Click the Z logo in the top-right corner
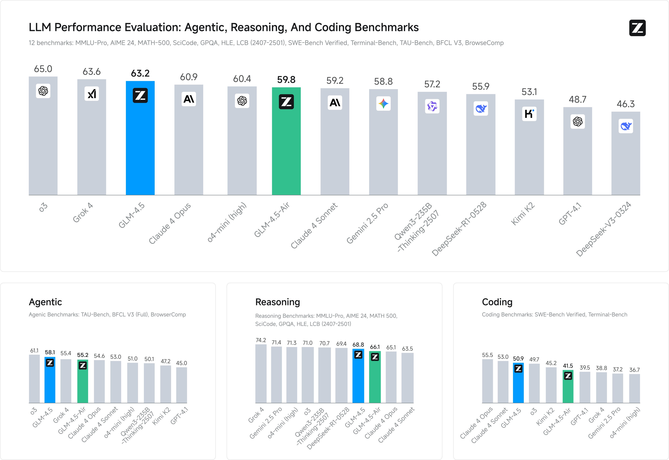637,28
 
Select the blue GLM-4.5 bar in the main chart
140,144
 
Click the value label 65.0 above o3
43,69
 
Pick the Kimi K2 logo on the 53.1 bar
529,114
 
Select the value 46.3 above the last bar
626,104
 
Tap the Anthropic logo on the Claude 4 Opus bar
189,99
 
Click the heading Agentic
45,302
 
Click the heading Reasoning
277,302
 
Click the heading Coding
497,302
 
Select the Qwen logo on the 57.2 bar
432,106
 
